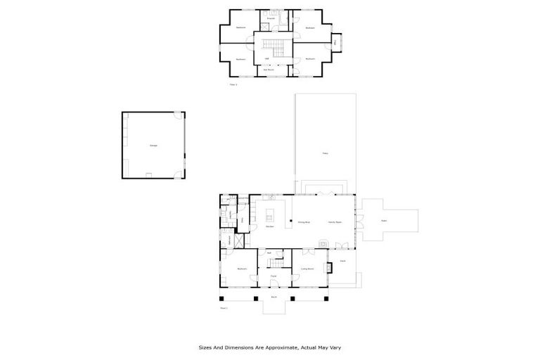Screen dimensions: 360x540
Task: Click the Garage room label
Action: point(153,146)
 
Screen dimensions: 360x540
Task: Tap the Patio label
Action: point(325,153)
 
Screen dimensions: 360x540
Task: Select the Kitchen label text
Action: point(269,226)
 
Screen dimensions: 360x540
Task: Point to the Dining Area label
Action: point(304,222)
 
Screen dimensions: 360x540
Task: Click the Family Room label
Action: point(334,222)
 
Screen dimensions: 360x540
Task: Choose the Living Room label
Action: point(307,269)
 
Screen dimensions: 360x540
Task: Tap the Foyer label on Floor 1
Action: point(274,276)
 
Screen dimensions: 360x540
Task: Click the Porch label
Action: point(274,297)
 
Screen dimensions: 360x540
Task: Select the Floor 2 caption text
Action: point(233,84)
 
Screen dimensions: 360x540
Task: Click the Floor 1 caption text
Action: point(224,307)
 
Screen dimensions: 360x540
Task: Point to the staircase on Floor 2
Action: point(273,48)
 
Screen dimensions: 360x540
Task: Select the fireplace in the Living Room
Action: point(327,267)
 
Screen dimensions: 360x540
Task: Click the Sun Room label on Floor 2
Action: point(269,70)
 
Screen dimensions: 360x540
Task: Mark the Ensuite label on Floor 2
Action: point(269,16)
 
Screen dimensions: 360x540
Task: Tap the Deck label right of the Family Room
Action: point(385,221)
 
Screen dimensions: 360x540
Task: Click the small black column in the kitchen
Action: point(289,225)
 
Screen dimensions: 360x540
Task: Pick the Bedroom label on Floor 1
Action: point(242,269)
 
